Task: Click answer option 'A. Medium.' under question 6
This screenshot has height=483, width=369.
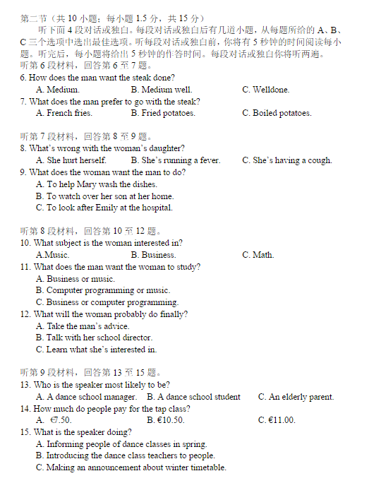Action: pos(57,90)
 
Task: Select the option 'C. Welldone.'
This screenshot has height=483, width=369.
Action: pos(265,90)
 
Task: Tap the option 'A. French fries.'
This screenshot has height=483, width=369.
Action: pos(63,113)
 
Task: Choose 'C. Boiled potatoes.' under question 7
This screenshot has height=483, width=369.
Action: pos(277,113)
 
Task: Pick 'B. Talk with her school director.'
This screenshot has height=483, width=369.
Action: pos(94,338)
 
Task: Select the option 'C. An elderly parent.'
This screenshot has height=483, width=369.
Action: pos(296,397)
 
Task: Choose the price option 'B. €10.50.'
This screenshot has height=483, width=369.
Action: pos(166,420)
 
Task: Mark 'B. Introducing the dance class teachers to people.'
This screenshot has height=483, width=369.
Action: pos(126,455)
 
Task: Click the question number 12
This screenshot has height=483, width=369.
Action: pos(25,314)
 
